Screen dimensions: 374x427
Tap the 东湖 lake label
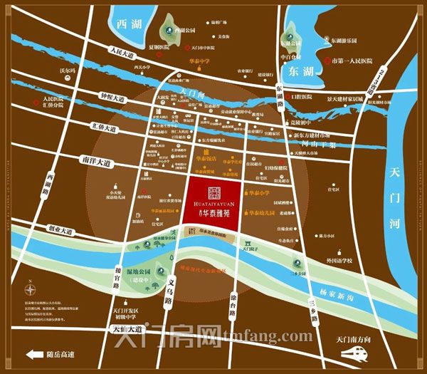[x=296, y=71]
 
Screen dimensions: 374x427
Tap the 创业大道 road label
[x=58, y=231]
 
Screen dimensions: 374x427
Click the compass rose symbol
[x=31, y=291]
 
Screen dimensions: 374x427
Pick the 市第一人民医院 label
[x=359, y=61]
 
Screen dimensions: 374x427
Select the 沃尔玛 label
[x=68, y=71]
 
